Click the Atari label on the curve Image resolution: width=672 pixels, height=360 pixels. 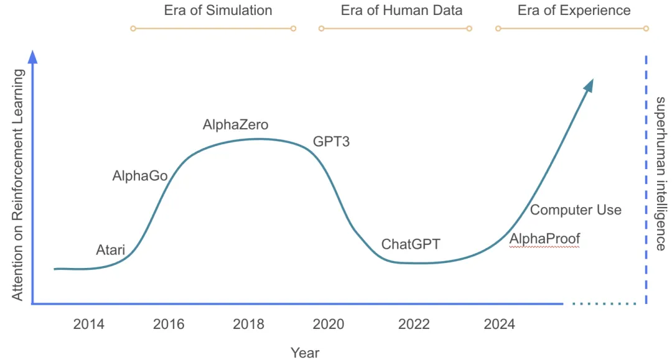(110, 251)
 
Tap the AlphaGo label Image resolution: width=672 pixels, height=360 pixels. (140, 176)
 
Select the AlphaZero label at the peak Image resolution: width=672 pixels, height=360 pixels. (235, 125)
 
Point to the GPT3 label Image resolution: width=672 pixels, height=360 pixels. (331, 142)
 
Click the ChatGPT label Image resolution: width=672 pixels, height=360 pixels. (411, 244)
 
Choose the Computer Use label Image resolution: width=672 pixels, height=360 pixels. (576, 210)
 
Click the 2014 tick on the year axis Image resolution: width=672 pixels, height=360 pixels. (88, 324)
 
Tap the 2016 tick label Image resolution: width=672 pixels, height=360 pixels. (169, 324)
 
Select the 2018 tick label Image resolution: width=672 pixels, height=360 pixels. (248, 324)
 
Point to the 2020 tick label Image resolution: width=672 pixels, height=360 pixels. (328, 324)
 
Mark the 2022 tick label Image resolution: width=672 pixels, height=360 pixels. (414, 324)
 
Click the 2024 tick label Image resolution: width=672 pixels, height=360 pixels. (499, 324)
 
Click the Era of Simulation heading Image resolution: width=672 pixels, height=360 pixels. (218, 11)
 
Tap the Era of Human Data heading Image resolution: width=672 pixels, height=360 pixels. (401, 11)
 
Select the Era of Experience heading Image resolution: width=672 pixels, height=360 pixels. (574, 11)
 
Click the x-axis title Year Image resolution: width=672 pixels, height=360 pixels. (305, 353)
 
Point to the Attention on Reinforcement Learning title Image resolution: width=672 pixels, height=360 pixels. (18, 185)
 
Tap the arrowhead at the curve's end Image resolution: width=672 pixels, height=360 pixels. (589, 85)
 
